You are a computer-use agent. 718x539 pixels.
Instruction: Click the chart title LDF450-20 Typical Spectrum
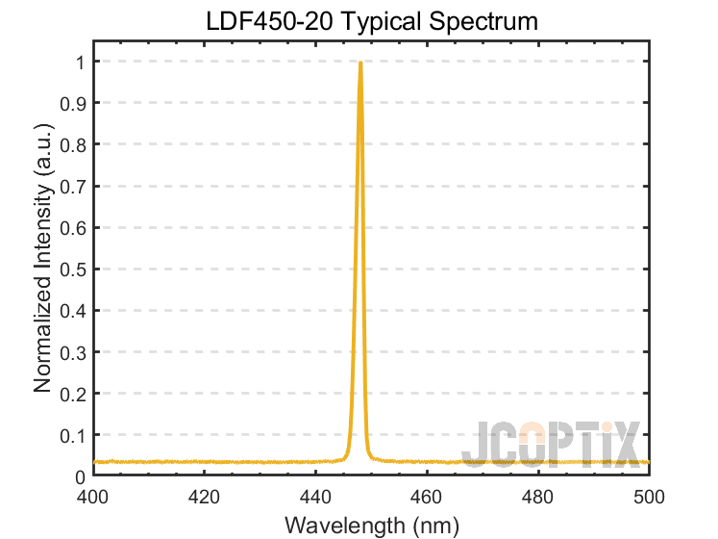click(x=371, y=21)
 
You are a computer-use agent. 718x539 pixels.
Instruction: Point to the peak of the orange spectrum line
click(x=359, y=64)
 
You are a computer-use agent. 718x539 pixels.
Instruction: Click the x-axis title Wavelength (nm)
click(x=371, y=526)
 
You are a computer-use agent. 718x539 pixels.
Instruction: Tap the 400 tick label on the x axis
click(x=92, y=498)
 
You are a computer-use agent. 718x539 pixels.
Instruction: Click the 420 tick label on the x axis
click(x=204, y=498)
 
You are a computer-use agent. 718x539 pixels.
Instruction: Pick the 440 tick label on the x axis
click(x=315, y=498)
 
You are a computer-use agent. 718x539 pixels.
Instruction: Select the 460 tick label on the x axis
click(x=427, y=498)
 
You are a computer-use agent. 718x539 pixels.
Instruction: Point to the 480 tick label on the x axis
click(x=538, y=498)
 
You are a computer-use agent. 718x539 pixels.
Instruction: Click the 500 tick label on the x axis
click(x=650, y=498)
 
